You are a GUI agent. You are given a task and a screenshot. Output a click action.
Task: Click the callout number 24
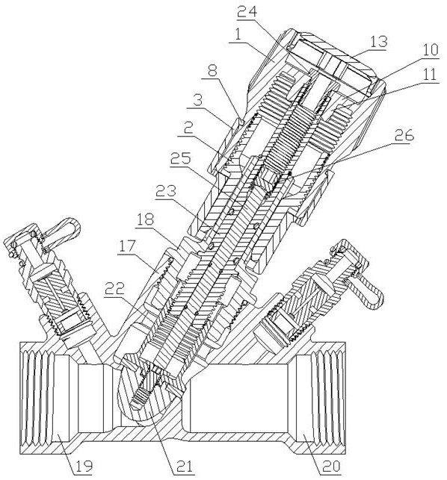coord(247,12)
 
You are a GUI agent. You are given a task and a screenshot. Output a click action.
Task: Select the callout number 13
coord(378,42)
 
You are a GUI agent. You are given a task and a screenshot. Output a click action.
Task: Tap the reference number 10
coord(430,50)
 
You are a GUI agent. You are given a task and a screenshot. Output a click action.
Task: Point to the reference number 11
coord(430,75)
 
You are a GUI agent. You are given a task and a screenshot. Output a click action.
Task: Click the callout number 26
coord(404,135)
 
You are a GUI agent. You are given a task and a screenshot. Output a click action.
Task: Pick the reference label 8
coord(212,71)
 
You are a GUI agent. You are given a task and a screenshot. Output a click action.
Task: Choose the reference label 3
coord(198,101)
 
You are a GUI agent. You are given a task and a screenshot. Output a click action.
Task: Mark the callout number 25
coord(181,158)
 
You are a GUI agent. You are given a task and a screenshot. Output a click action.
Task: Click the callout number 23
coord(166,191)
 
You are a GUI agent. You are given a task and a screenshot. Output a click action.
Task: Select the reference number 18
coord(146,219)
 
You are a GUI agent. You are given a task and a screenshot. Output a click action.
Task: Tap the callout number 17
coord(127,246)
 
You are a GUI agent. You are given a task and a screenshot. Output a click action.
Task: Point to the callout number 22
coord(114,288)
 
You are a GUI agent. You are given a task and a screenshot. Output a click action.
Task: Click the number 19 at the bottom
coord(84,466)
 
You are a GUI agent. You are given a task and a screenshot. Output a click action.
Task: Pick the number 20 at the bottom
coord(330,466)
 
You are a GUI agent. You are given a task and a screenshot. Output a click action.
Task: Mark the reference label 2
coord(188,129)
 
